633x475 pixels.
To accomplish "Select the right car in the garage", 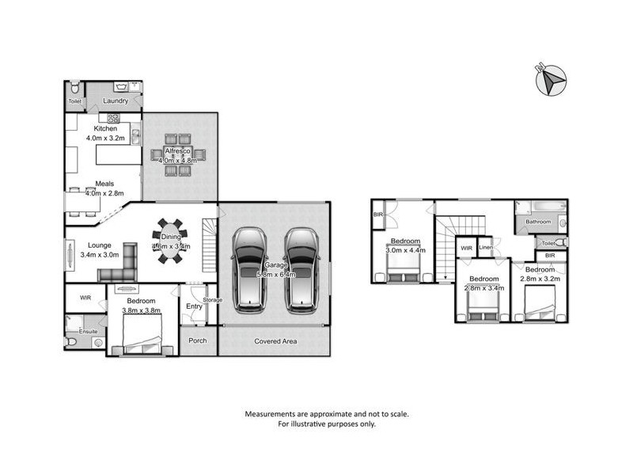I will (x=300, y=268).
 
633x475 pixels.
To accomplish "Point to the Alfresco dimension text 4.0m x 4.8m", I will (x=178, y=161).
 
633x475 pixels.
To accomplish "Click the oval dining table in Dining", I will (x=171, y=241).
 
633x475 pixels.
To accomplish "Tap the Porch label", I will (x=197, y=341).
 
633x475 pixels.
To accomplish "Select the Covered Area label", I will (x=274, y=341).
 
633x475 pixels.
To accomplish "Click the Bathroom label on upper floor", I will (x=539, y=222).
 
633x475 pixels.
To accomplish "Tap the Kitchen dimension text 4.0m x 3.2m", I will (x=106, y=138).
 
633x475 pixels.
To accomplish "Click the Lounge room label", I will (x=100, y=245).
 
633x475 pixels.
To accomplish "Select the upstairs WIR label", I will (x=466, y=249).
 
